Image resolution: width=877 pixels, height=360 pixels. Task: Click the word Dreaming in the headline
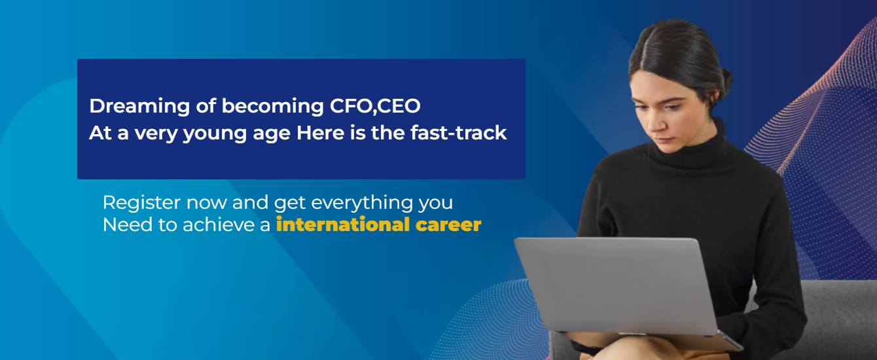coord(139,107)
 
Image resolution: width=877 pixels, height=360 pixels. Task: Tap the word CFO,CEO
coord(375,106)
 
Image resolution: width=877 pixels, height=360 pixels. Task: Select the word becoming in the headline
coord(273,107)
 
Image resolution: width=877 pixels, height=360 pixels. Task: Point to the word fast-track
coord(459,133)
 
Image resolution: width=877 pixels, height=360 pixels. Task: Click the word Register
coord(142,203)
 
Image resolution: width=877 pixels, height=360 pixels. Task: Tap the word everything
coord(362,203)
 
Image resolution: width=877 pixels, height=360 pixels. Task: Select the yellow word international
coord(343,225)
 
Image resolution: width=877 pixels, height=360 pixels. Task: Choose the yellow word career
coord(448,225)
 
